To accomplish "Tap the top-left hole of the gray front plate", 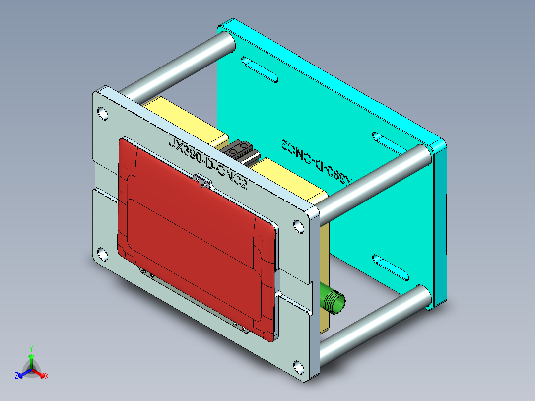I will click(x=102, y=113).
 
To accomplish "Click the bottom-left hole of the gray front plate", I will click(x=102, y=254).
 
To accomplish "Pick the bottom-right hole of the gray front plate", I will click(x=299, y=367).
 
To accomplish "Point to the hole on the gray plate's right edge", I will click(x=299, y=226).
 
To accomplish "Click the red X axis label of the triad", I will click(x=47, y=376).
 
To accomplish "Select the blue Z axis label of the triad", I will click(x=16, y=376).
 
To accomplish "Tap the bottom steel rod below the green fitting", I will click(x=372, y=320).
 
